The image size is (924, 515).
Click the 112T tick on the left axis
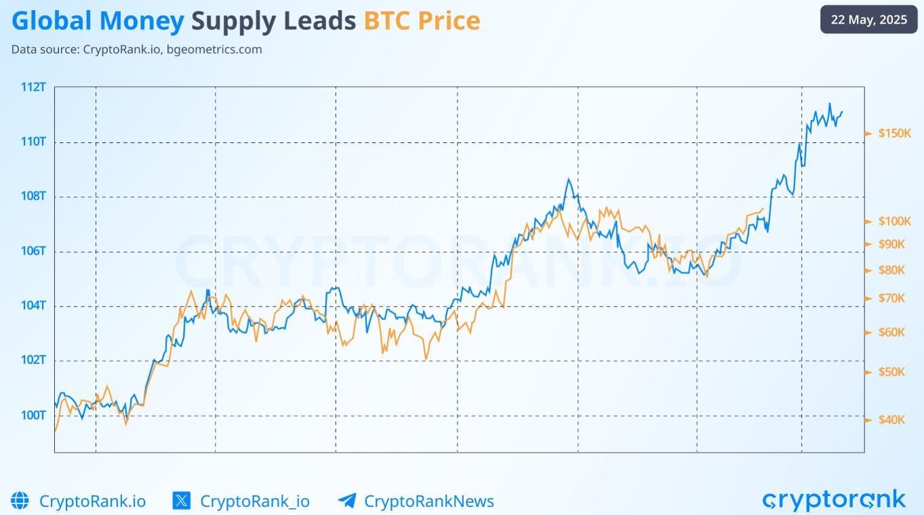pos(33,87)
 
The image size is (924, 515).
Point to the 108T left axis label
pos(33,197)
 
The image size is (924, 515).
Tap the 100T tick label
pos(33,415)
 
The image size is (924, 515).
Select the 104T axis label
pos(33,306)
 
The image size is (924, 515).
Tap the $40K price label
pos(891,419)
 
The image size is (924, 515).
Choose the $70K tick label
pos(891,297)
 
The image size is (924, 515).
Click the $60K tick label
pos(891,332)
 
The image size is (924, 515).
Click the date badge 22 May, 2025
pos(868,20)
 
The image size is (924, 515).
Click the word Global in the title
pos(52,21)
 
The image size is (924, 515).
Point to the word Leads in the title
pos(319,21)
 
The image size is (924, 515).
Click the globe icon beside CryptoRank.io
pos(20,501)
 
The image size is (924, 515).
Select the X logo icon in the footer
pos(182,501)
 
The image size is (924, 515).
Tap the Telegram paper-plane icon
pos(347,501)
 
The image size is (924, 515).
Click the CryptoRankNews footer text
pos(429,501)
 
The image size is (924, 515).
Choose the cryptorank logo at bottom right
pos(834,500)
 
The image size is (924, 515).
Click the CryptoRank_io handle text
pos(255,501)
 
